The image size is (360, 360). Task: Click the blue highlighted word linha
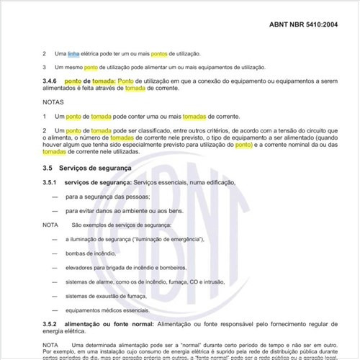coord(74,53)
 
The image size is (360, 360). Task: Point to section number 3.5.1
coord(51,184)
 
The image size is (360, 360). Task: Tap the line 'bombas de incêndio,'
coord(91,254)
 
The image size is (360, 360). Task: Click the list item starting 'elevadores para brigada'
coord(120,268)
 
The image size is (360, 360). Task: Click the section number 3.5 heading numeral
coord(48,168)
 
